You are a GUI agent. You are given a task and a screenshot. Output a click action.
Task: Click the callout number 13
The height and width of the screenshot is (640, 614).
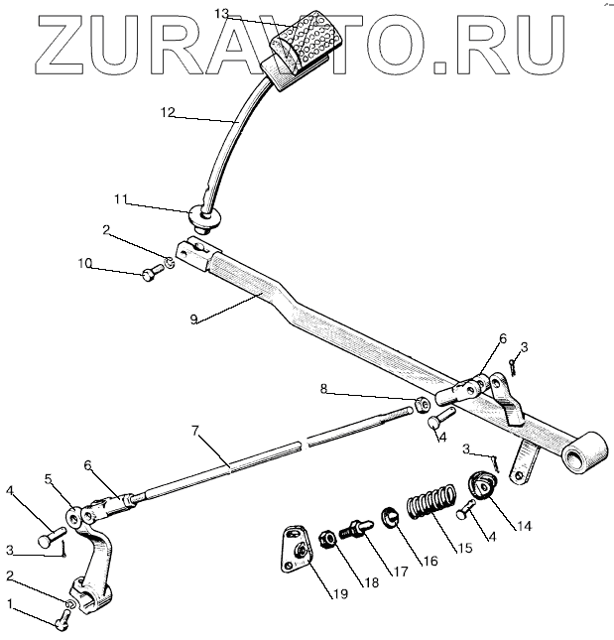click(221, 14)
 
